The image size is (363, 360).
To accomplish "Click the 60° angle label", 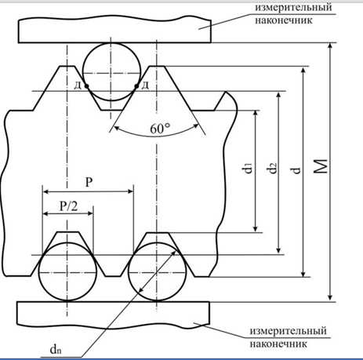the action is point(160,129).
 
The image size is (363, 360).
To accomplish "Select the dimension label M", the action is point(321,166).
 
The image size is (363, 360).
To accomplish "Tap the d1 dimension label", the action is point(248,168).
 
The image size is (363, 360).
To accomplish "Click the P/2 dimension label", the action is point(68,206).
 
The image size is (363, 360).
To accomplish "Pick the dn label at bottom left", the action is point(56,349).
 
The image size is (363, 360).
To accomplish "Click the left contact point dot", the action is point(86,85).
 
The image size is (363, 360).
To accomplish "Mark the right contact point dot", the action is point(136,85).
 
